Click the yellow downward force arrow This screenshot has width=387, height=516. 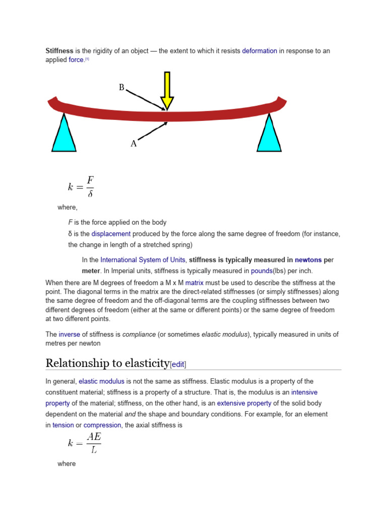click(167, 91)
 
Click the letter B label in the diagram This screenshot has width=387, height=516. click(121, 88)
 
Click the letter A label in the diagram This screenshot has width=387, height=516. click(134, 144)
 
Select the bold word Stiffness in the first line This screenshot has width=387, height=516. click(59, 51)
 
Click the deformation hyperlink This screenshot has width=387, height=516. click(260, 51)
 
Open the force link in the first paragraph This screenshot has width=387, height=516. click(76, 60)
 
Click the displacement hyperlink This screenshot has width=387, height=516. click(111, 234)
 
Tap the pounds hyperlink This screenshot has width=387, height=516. click(262, 271)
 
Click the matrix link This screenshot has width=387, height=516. click(194, 283)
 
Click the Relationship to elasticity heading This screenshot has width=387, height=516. click(107, 363)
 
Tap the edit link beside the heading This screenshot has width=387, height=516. click(181, 364)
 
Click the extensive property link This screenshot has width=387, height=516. click(244, 403)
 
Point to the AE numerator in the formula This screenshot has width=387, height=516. click(94, 436)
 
